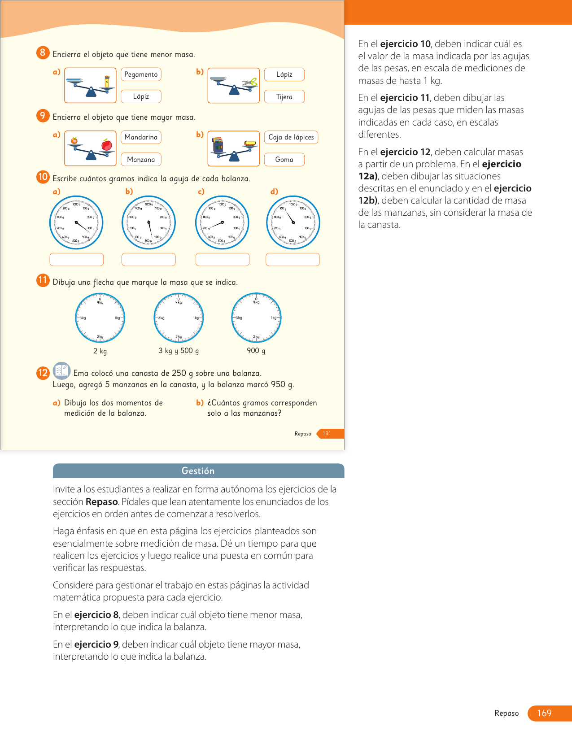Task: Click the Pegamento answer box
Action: [x=141, y=74]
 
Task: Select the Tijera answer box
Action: [x=284, y=97]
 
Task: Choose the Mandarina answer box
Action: [x=141, y=137]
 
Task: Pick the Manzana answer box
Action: [x=141, y=160]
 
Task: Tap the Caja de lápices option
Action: [x=291, y=137]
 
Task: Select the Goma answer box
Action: [x=284, y=160]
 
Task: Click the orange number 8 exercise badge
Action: [x=43, y=53]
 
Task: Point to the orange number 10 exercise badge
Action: [x=43, y=177]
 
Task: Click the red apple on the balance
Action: [x=107, y=145]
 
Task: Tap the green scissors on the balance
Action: [x=250, y=83]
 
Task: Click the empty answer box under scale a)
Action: [x=76, y=260]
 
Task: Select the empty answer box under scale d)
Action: [x=293, y=260]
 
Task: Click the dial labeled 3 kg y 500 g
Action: [x=179, y=318]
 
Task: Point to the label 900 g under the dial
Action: [x=256, y=351]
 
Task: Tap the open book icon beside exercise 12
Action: [x=61, y=371]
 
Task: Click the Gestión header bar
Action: [x=198, y=471]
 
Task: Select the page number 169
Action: [x=544, y=713]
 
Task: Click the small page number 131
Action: [x=327, y=434]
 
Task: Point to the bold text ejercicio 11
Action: [x=405, y=98]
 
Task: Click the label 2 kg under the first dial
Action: [x=100, y=351]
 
